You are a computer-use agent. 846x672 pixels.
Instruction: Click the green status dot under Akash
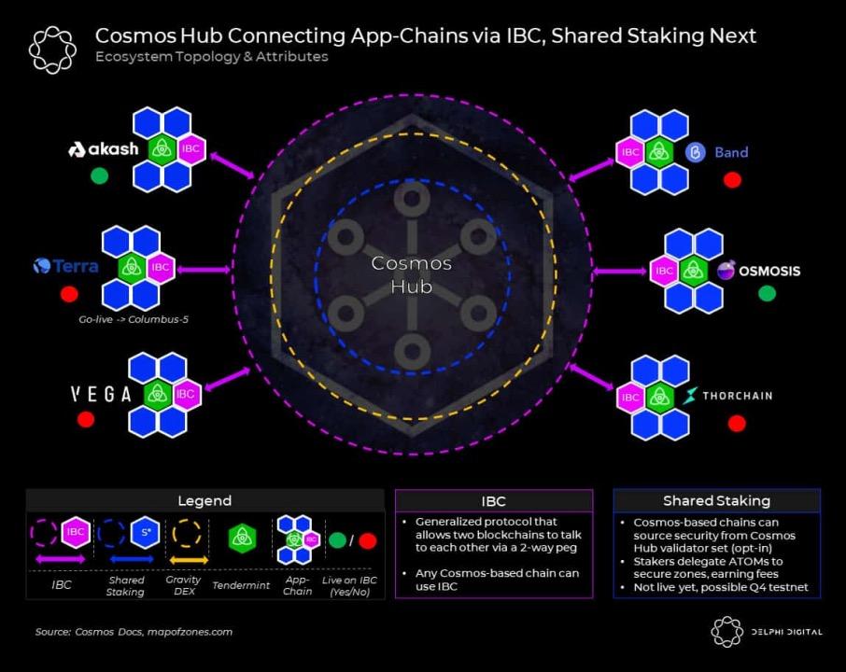point(99,175)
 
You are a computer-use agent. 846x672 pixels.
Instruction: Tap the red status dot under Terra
point(68,294)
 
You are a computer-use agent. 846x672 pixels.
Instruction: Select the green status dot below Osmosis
point(767,293)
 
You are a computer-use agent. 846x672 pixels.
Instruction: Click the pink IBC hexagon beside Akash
point(190,148)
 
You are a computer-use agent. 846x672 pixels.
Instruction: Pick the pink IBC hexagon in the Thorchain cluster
point(631,397)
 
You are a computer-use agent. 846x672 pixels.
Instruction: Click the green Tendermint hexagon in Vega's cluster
point(158,394)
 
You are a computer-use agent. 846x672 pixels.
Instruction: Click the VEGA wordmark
point(101,394)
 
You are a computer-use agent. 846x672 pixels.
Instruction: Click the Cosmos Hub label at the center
point(412,274)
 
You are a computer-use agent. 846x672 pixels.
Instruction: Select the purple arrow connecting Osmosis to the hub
point(619,272)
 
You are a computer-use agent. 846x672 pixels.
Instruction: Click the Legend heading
point(204,501)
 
